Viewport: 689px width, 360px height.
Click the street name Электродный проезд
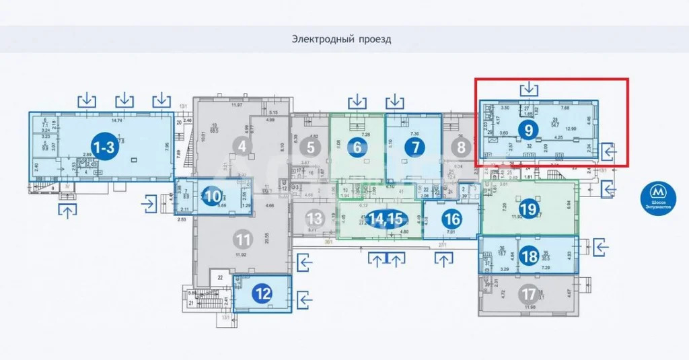(341, 39)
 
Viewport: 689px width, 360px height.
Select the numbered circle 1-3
(103, 149)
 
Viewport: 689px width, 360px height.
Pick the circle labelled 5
(310, 147)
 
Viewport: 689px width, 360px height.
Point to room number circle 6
(357, 147)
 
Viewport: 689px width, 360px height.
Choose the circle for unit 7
(415, 147)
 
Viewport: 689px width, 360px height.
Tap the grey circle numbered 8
(461, 147)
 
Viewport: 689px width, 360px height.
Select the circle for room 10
(213, 197)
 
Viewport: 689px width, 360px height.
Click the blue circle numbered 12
(264, 294)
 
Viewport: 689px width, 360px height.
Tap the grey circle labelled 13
(314, 219)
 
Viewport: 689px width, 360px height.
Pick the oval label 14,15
(386, 219)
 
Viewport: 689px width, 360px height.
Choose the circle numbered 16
(453, 219)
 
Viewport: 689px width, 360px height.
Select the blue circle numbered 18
(530, 256)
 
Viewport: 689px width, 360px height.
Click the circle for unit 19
(529, 209)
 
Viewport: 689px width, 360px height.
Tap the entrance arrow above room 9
(530, 87)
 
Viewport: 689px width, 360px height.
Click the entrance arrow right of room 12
(305, 297)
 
